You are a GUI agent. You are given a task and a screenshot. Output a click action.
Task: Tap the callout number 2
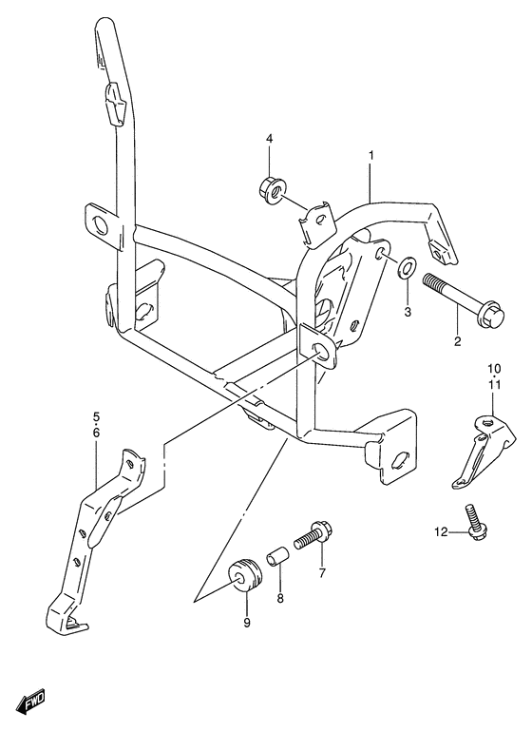point(456,342)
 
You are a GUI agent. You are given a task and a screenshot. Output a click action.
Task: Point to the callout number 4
point(269,140)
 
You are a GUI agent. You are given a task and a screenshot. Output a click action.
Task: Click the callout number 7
point(322,572)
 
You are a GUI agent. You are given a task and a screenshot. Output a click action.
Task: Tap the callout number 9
point(246,623)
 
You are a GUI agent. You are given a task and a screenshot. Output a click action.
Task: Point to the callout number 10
point(494,369)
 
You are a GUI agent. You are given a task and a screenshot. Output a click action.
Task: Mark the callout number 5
point(97,416)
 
